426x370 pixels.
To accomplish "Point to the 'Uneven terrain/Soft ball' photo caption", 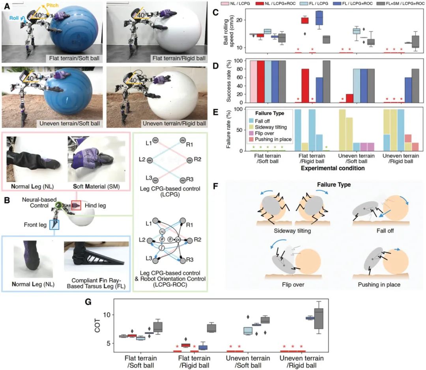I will click(x=70, y=123).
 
